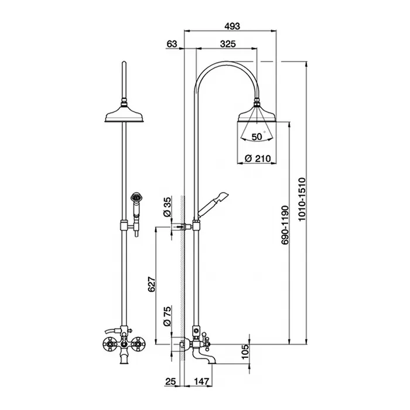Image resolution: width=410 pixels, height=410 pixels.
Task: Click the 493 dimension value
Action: pyautogui.click(x=232, y=26)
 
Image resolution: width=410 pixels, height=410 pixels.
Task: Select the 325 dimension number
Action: pyautogui.click(x=228, y=44)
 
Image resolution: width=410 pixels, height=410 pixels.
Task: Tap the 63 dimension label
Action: pyautogui.click(x=172, y=44)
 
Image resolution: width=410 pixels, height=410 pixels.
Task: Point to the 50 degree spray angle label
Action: pyautogui.click(x=257, y=136)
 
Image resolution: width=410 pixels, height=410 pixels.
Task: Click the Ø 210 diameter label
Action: pyautogui.click(x=258, y=159)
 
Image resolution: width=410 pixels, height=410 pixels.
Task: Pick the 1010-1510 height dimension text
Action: pyautogui.click(x=302, y=199)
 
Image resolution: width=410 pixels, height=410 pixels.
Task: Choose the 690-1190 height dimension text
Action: pyautogui.click(x=285, y=225)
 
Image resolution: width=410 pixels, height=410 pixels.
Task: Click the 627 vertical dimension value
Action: pyautogui.click(x=151, y=284)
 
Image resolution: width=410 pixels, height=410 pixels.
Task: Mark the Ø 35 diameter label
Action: pyautogui.click(x=167, y=207)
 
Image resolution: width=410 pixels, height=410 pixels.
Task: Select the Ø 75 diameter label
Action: pyautogui.click(x=167, y=316)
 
